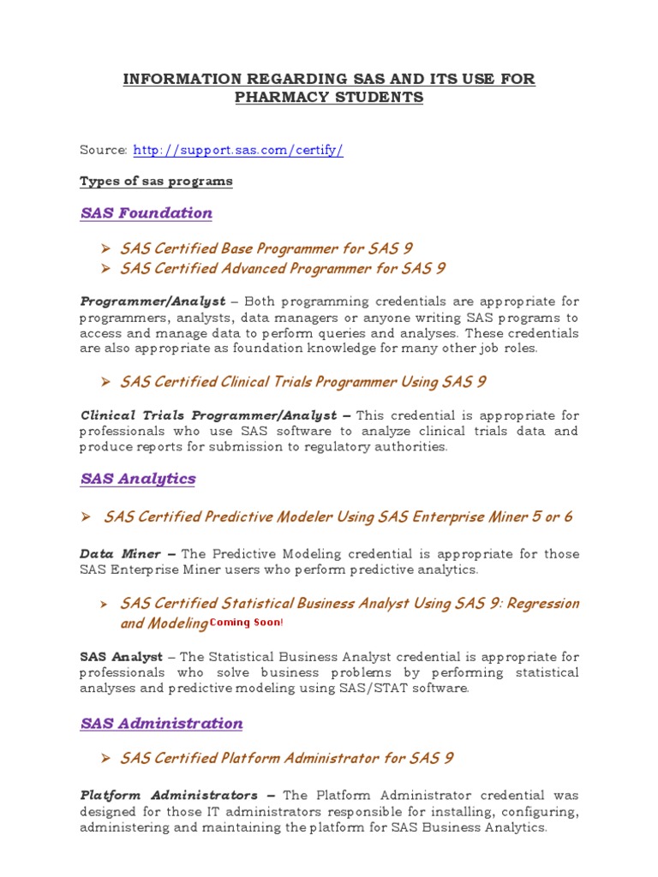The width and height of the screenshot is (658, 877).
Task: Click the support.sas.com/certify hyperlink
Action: [238, 151]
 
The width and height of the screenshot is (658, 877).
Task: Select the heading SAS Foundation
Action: [147, 213]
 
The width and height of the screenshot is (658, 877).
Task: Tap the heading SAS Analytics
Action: [138, 479]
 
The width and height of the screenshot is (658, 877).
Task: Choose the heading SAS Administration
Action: [162, 724]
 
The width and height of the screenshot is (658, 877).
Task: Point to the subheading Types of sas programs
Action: [156, 182]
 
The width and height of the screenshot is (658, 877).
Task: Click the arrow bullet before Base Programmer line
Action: [106, 249]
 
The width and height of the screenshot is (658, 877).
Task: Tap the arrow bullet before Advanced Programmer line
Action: [106, 269]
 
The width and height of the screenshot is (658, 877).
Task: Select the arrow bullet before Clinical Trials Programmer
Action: [106, 382]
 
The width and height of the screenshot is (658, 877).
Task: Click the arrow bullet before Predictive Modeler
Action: [86, 517]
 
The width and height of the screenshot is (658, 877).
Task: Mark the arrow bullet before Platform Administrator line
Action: [106, 759]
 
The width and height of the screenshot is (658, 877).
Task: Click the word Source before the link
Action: [103, 151]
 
